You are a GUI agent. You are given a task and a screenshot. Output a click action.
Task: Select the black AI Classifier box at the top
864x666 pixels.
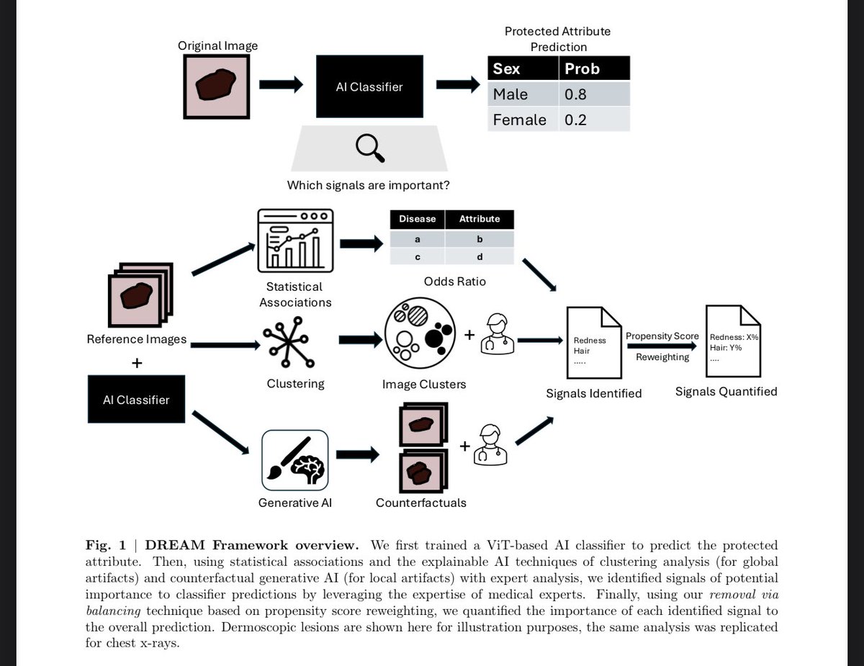(x=369, y=87)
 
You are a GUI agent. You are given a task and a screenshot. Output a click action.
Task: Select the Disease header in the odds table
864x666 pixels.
(x=418, y=219)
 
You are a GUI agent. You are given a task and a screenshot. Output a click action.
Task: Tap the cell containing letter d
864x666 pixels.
(x=480, y=256)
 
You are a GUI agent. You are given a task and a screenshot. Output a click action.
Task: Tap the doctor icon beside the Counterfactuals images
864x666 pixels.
(x=491, y=444)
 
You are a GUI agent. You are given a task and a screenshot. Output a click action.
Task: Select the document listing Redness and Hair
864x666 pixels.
(x=594, y=343)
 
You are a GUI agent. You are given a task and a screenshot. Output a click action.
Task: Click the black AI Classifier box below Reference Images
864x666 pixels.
(x=136, y=400)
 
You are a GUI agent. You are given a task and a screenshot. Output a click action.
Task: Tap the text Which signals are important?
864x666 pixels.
(x=369, y=185)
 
